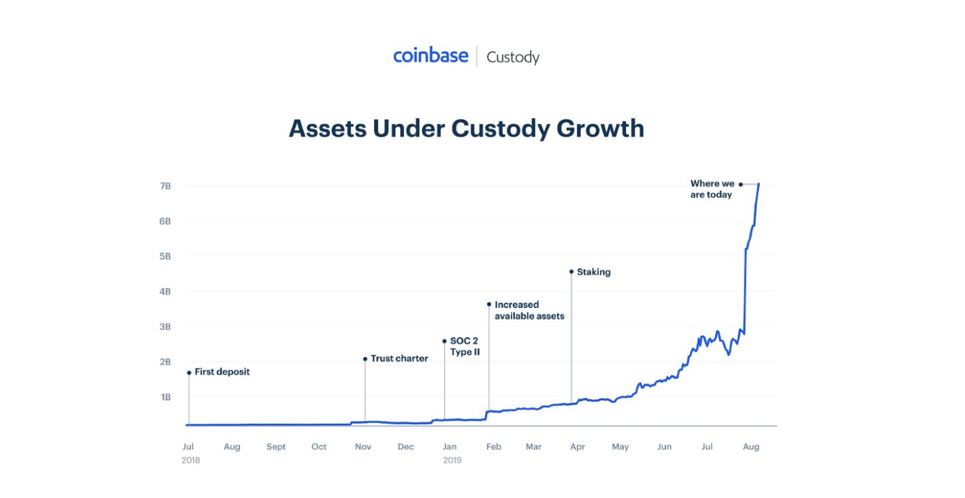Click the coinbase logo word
tap(431, 56)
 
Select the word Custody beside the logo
tap(512, 57)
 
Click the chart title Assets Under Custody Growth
tap(466, 128)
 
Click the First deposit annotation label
tap(222, 372)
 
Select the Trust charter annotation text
tap(399, 359)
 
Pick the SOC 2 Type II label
tap(465, 347)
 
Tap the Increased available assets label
tap(529, 311)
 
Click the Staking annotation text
tap(593, 272)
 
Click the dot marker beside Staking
tap(572, 272)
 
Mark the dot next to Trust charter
tap(365, 359)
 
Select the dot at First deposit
tap(189, 373)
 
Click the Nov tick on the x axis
tap(363, 447)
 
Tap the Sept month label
tap(276, 447)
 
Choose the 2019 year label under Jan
tap(452, 459)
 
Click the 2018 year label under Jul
tap(191, 459)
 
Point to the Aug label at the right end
tap(750, 447)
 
